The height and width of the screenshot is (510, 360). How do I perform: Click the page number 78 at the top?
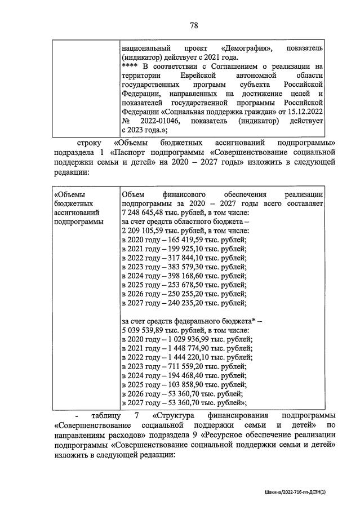pos(194,25)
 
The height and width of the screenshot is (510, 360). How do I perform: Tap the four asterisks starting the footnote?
pos(130,65)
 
